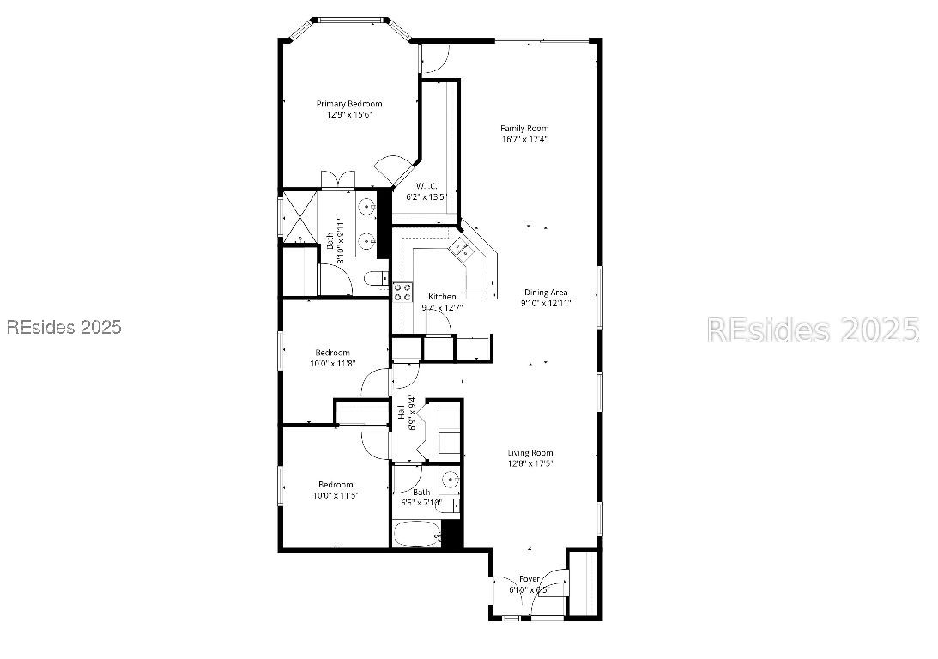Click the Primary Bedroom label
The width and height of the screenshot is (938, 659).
click(x=348, y=104)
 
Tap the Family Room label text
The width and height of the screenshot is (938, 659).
click(x=524, y=129)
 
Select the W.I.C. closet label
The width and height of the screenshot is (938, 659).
click(x=427, y=186)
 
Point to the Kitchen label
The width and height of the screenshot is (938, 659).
click(x=442, y=297)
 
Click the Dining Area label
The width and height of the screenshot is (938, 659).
click(x=546, y=293)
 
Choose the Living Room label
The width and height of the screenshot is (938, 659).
click(x=530, y=453)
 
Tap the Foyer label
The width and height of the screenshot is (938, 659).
click(x=530, y=579)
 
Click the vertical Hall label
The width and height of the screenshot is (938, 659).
click(x=401, y=413)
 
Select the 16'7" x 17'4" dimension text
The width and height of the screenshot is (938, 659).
click(x=524, y=139)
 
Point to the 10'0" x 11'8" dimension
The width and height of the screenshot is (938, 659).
click(x=332, y=363)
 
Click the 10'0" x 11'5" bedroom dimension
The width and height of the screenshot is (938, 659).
click(x=335, y=495)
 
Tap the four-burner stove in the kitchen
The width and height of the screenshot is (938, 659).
click(x=400, y=292)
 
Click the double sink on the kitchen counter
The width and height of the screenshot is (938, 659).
click(x=461, y=250)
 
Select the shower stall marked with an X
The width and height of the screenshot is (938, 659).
click(x=300, y=214)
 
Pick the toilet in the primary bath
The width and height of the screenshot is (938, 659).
click(x=374, y=279)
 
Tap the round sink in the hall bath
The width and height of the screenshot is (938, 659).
click(x=451, y=479)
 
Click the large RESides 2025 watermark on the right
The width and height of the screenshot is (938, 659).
click(x=813, y=329)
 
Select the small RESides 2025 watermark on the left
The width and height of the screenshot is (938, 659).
click(x=64, y=327)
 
